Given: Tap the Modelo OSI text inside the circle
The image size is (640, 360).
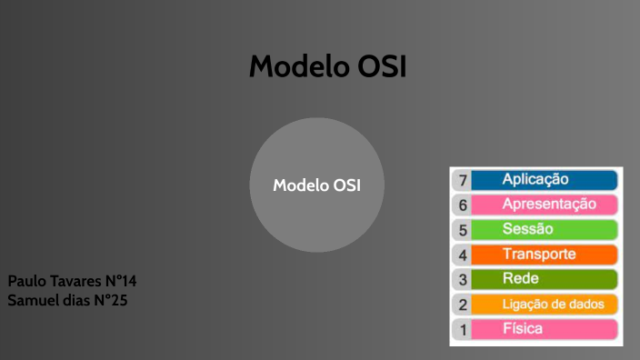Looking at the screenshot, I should [x=317, y=185].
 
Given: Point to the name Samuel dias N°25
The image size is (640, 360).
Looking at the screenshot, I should [x=67, y=300].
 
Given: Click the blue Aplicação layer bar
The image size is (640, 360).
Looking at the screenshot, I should [x=545, y=180].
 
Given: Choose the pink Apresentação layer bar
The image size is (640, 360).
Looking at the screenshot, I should [x=545, y=205].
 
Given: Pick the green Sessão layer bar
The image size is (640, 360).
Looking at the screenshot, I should [x=545, y=229].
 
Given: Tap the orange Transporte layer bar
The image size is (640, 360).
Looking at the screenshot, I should [x=545, y=255].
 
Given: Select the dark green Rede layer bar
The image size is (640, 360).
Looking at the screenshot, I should [x=545, y=279].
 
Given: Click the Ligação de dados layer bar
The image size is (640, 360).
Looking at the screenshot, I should [x=545, y=304].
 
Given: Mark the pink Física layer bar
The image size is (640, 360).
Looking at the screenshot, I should [x=545, y=328].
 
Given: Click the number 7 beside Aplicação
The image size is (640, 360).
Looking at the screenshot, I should [x=463, y=181].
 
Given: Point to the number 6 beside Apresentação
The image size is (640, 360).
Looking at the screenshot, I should [x=463, y=205].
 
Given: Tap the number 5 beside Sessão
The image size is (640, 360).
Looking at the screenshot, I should [x=463, y=230].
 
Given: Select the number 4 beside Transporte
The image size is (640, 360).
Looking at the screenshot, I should [x=463, y=255].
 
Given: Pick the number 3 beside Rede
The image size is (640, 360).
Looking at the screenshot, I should [x=463, y=280].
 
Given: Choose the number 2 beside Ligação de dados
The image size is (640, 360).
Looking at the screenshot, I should [x=463, y=305].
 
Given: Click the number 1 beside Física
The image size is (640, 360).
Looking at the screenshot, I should [x=463, y=329].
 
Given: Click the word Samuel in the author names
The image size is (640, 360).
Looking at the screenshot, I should [x=33, y=300].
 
